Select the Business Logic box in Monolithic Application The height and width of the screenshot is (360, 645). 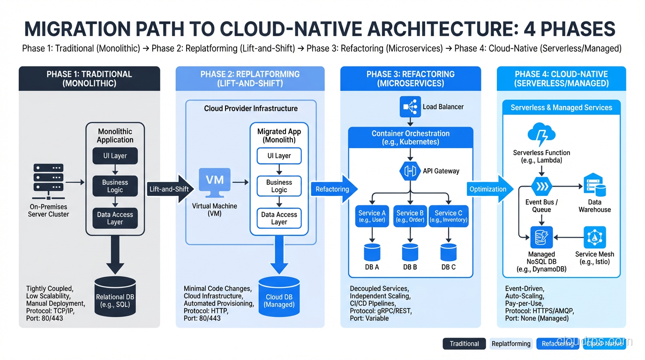point(115,186)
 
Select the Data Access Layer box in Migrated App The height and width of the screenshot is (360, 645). point(279,218)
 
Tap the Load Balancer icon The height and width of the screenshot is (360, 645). point(410,107)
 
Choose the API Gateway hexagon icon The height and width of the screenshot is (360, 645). point(410,171)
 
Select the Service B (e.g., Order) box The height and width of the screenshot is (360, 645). point(410,216)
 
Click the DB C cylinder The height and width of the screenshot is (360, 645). point(448,252)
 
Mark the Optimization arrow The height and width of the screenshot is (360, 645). point(489,189)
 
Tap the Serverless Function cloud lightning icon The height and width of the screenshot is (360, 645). point(541,135)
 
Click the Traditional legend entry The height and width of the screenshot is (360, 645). point(464,344)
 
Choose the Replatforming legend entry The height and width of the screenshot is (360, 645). point(511,344)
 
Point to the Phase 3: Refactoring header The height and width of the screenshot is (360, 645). point(411,79)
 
